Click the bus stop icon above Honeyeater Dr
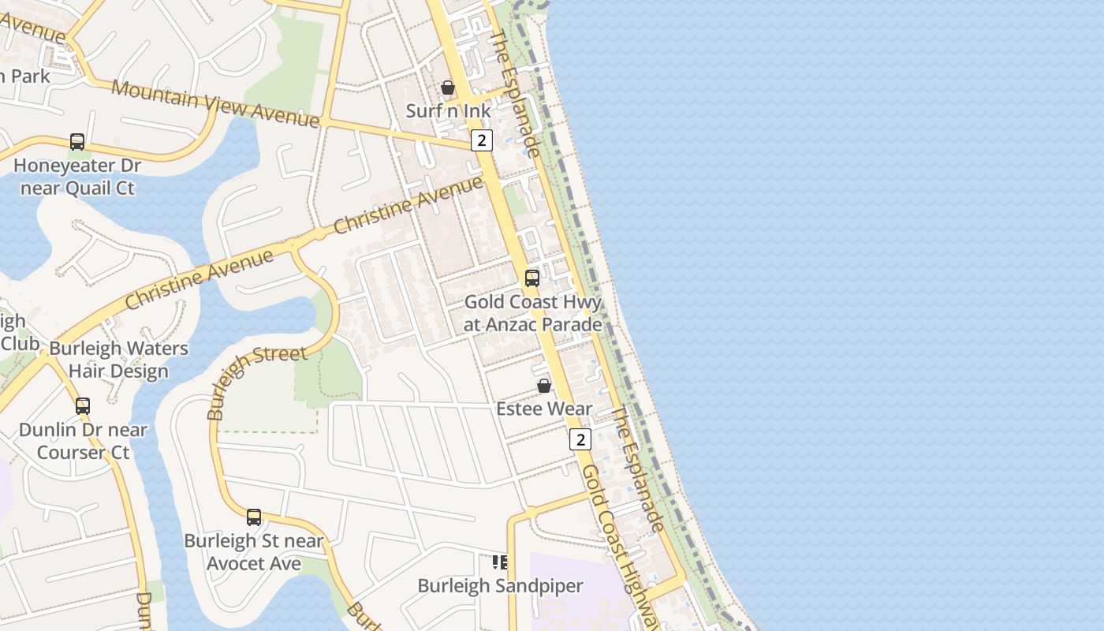pyautogui.click(x=77, y=142)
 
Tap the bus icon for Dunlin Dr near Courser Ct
pyautogui.click(x=83, y=406)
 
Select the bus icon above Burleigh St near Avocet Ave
pyautogui.click(x=254, y=517)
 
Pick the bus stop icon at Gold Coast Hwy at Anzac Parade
pyautogui.click(x=532, y=278)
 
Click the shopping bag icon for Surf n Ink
pyautogui.click(x=448, y=88)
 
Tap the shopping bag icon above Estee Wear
pyautogui.click(x=544, y=386)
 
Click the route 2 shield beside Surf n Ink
pyautogui.click(x=482, y=140)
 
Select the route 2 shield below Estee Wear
pyautogui.click(x=580, y=439)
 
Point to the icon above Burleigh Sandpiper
pyautogui.click(x=500, y=562)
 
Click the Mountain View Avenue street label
pyautogui.click(x=214, y=103)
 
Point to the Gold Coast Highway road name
pyautogui.click(x=619, y=544)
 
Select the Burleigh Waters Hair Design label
pyautogui.click(x=118, y=360)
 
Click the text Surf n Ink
pyautogui.click(x=448, y=110)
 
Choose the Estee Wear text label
pyautogui.click(x=544, y=409)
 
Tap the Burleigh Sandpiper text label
pyautogui.click(x=500, y=586)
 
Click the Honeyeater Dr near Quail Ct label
pyautogui.click(x=77, y=177)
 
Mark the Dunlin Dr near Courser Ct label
pyautogui.click(x=83, y=441)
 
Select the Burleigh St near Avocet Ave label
pyautogui.click(x=254, y=552)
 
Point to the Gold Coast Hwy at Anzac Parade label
pyautogui.click(x=532, y=313)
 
